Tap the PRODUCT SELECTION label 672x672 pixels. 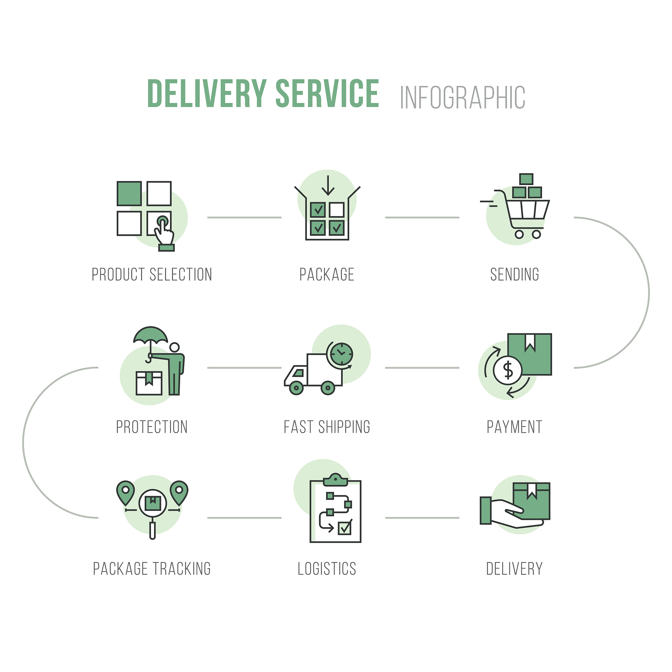(x=152, y=275)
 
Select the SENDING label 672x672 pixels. (x=514, y=275)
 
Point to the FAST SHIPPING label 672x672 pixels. (x=327, y=427)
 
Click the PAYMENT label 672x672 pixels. (x=514, y=427)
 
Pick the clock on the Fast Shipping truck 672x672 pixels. (x=342, y=354)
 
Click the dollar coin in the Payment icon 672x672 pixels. (x=508, y=370)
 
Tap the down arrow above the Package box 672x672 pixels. (x=328, y=186)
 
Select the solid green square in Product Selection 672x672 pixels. (x=129, y=193)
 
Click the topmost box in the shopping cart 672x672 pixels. (x=526, y=179)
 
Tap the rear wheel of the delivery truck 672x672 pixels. (x=328, y=388)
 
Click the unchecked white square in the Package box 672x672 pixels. (x=336, y=210)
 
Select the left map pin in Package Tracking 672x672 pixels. (x=126, y=491)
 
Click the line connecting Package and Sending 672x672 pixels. (x=422, y=218)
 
